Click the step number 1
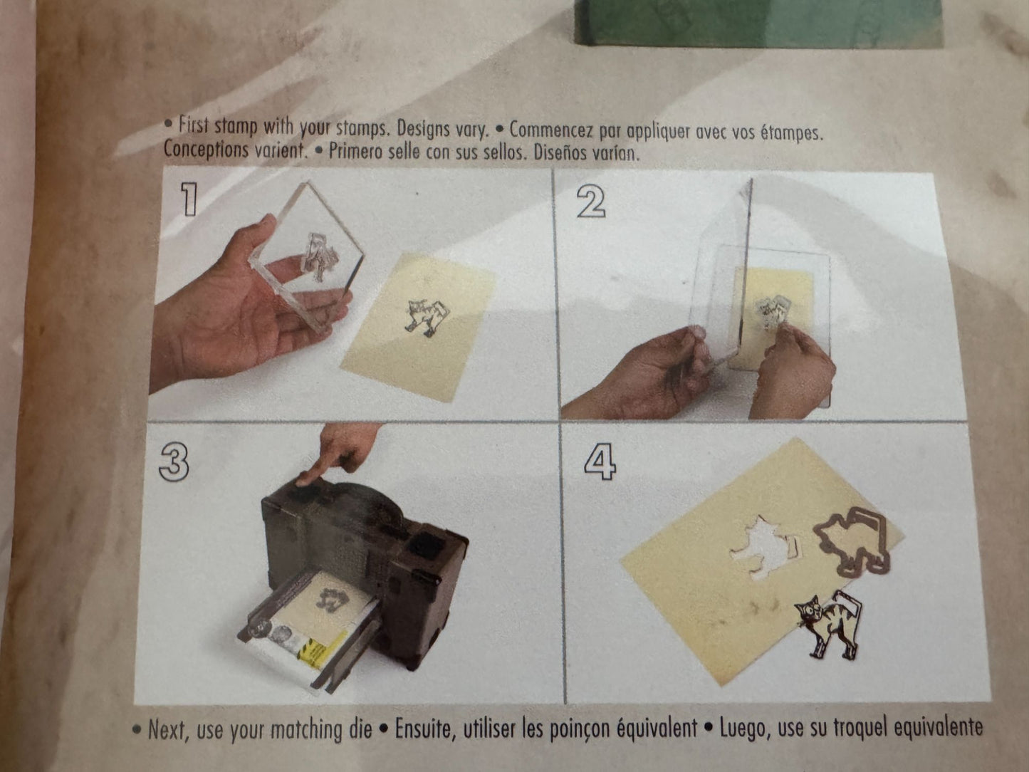pyautogui.click(x=189, y=199)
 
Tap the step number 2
pyautogui.click(x=591, y=202)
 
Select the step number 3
pyautogui.click(x=174, y=462)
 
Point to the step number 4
pyautogui.click(x=600, y=461)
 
